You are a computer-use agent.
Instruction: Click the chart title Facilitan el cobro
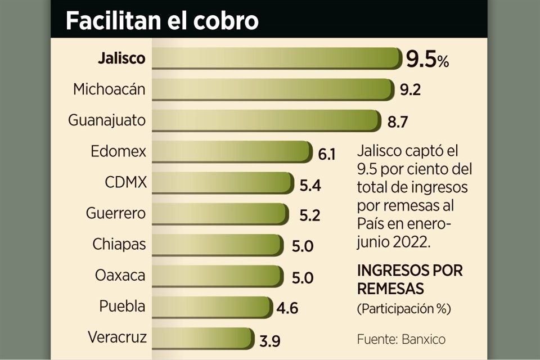tap(162, 21)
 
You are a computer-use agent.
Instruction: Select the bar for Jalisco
tap(276, 58)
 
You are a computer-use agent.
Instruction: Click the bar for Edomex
tap(231, 152)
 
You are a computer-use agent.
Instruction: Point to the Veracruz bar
tap(201, 339)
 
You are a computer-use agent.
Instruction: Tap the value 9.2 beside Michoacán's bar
tap(411, 90)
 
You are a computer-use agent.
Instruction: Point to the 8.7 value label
tap(397, 121)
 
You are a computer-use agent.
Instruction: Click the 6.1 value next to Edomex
tap(326, 153)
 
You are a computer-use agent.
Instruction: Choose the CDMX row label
tap(125, 183)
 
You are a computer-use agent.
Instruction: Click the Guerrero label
tap(116, 214)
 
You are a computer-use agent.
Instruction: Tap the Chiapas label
tap(119, 245)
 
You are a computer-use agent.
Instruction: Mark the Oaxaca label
tap(120, 276)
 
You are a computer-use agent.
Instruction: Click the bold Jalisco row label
tap(121, 58)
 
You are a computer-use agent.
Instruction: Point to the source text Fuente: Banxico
tap(401, 340)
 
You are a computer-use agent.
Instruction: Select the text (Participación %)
tap(404, 309)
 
